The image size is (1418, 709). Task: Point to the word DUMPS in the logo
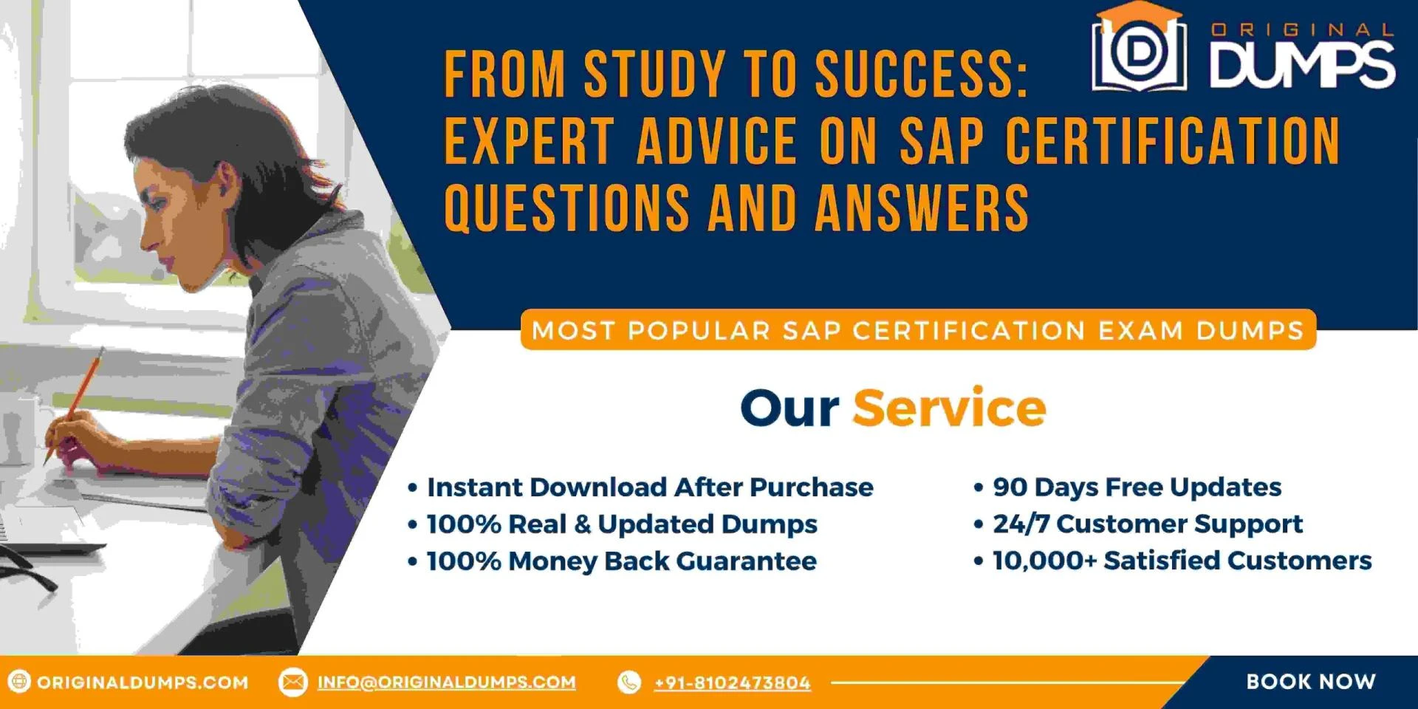[x=1302, y=64]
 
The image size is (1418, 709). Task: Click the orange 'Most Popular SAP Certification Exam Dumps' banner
[x=918, y=330]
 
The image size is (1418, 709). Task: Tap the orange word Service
[x=949, y=408]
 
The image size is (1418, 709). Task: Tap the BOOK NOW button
[x=1310, y=682]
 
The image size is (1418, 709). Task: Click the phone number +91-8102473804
[x=732, y=683]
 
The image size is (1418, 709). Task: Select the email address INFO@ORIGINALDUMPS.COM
[x=446, y=682]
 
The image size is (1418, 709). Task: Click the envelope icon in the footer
[x=292, y=682]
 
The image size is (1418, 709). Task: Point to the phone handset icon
[x=629, y=682]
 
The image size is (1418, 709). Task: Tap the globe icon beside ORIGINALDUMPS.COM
[x=19, y=682]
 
